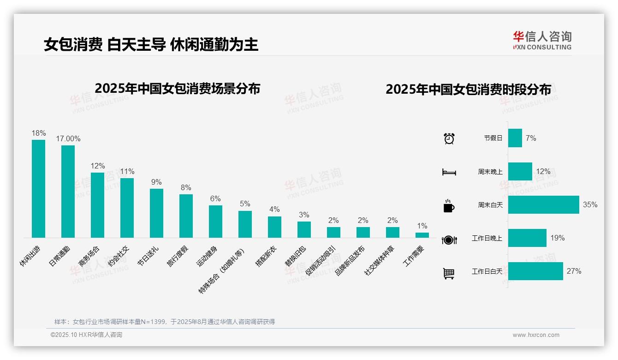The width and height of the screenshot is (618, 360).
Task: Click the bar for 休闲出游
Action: pyautogui.click(x=38, y=189)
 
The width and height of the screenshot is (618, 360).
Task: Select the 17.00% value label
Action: pyautogui.click(x=68, y=138)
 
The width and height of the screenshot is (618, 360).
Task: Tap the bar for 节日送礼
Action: pyautogui.click(x=156, y=213)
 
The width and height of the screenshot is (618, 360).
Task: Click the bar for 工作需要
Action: pyautogui.click(x=422, y=235)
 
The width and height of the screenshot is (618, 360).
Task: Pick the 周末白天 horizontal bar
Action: pyautogui.click(x=543, y=204)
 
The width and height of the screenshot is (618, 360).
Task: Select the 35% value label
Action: pyautogui.click(x=590, y=204)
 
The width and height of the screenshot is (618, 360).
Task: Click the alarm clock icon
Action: pyautogui.click(x=449, y=138)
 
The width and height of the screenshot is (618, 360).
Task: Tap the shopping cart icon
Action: pyautogui.click(x=449, y=274)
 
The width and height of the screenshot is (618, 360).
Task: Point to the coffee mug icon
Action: pyautogui.click(x=449, y=206)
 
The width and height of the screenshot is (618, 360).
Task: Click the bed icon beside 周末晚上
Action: pyautogui.click(x=449, y=172)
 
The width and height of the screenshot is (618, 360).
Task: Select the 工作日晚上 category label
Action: pyautogui.click(x=487, y=239)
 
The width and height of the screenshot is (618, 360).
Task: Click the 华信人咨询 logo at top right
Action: pyautogui.click(x=542, y=40)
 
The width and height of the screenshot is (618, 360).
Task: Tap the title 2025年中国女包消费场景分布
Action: pyautogui.click(x=177, y=88)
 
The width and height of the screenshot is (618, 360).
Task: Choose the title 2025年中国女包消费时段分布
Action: pyautogui.click(x=468, y=90)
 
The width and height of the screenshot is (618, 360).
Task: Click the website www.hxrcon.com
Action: pyautogui.click(x=535, y=335)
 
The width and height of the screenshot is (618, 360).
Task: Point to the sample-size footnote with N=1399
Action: pyautogui.click(x=165, y=322)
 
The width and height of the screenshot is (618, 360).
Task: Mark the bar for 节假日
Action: pyautogui.click(x=515, y=138)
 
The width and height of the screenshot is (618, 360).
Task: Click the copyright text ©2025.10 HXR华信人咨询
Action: pyautogui.click(x=86, y=335)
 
